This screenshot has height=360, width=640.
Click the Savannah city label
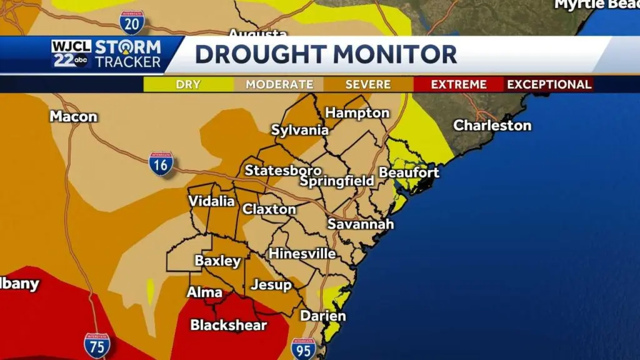(361, 224)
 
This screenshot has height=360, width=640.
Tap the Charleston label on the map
(492, 126)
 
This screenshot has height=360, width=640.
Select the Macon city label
(74, 117)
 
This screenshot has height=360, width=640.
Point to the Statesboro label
(283, 171)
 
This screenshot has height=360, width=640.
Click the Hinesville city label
(302, 254)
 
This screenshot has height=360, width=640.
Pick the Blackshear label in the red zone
(228, 325)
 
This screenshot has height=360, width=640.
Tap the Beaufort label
(409, 172)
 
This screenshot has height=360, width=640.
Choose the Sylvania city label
(299, 130)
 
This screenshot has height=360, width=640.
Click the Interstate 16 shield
(161, 164)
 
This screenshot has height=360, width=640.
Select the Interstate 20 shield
(132, 22)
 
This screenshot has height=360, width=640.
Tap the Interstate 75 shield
(97, 345)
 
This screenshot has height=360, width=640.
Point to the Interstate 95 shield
(303, 349)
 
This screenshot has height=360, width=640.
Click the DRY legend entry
(188, 84)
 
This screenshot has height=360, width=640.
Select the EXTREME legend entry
(458, 84)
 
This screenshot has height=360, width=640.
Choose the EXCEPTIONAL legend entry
(549, 84)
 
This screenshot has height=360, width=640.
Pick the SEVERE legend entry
(368, 84)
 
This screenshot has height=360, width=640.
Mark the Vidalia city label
(211, 201)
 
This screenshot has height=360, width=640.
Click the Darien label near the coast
(322, 316)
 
